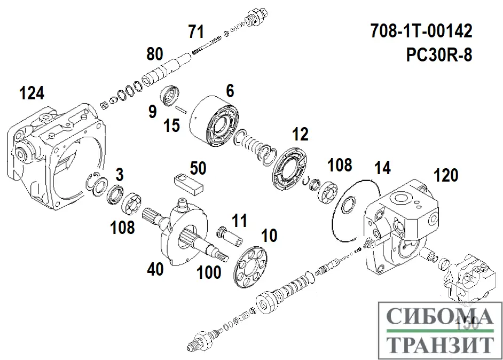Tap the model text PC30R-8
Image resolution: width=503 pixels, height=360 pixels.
[x=439, y=55]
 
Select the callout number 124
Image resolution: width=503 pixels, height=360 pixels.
[x=32, y=93]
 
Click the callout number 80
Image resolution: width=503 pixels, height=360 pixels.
[x=154, y=54]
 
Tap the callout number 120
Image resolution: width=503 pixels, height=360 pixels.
[x=446, y=175]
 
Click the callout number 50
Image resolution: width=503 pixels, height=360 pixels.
[x=198, y=168]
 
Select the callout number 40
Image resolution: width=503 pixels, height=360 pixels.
[x=155, y=269]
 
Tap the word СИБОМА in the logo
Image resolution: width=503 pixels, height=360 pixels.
[x=439, y=318]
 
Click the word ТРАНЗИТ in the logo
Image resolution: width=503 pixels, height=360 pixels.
[x=439, y=345]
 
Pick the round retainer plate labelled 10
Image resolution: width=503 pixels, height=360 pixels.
[x=250, y=267]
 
